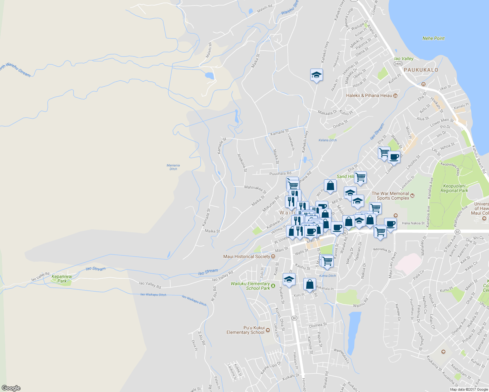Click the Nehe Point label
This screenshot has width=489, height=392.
coord(433,38)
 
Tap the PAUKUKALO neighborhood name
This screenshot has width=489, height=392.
coord(421,70)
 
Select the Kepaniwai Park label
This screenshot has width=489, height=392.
coord(62,279)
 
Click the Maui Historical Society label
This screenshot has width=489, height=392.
coord(247,256)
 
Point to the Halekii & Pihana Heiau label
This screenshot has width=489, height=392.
coord(369,95)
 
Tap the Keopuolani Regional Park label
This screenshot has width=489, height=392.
coord(454,188)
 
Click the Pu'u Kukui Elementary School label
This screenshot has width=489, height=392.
coord(245,330)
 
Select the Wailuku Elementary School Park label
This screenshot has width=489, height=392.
coord(250,286)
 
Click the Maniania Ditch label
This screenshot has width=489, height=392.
coord(173,167)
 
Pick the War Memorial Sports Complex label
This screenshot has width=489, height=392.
coord(390,196)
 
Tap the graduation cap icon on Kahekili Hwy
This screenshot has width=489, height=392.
coord(316,75)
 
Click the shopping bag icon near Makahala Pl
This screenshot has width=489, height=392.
coord(310,284)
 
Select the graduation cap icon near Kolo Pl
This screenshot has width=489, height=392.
coord(289,280)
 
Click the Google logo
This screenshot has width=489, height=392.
coord(11,388)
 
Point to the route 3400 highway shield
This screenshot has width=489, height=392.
coord(398,63)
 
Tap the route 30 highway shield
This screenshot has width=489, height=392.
coord(294,318)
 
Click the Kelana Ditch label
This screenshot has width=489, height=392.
coord(328,140)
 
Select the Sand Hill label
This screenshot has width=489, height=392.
coord(345,176)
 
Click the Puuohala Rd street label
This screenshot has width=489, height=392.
coord(280,173)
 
